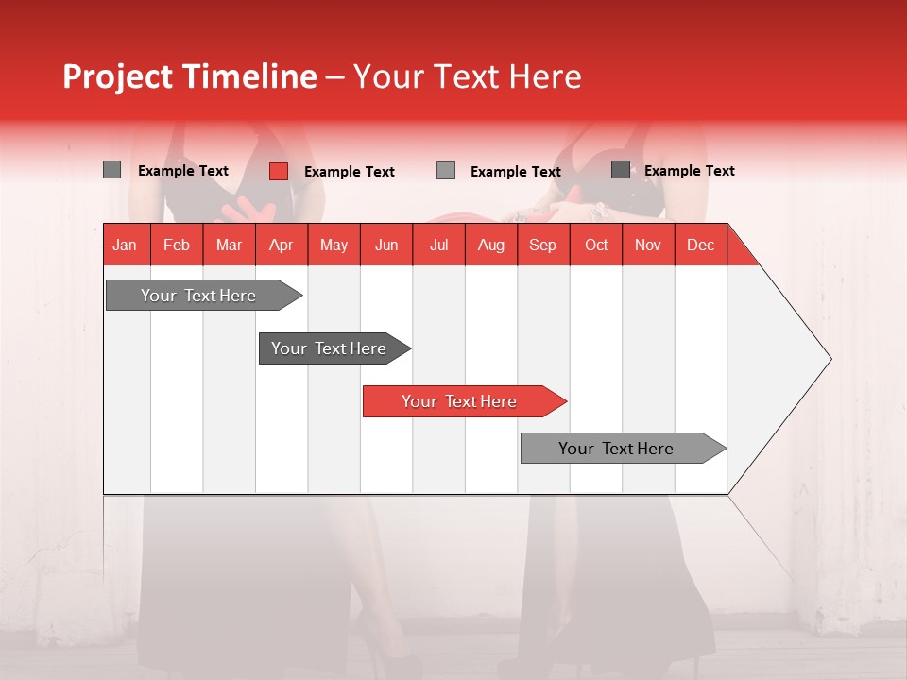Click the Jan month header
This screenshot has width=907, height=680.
pos(125,245)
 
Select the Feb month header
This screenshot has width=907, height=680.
pos(177,245)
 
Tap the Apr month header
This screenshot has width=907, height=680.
pos(281,245)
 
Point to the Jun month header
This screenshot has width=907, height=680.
pos(386,245)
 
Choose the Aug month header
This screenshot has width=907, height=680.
pos(490,245)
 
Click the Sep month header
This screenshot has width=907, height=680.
pos(542,245)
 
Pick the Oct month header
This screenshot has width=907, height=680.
pos(596,245)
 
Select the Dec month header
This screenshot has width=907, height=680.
pos(700,245)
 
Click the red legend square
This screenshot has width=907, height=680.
pos(279,171)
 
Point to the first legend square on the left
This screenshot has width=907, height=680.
pos(112,170)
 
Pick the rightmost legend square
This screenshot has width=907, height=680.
pos(621,170)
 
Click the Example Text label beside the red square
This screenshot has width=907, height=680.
pos(349,172)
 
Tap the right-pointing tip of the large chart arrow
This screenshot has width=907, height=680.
pos(828,359)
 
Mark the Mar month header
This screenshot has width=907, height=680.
pos(229,245)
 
